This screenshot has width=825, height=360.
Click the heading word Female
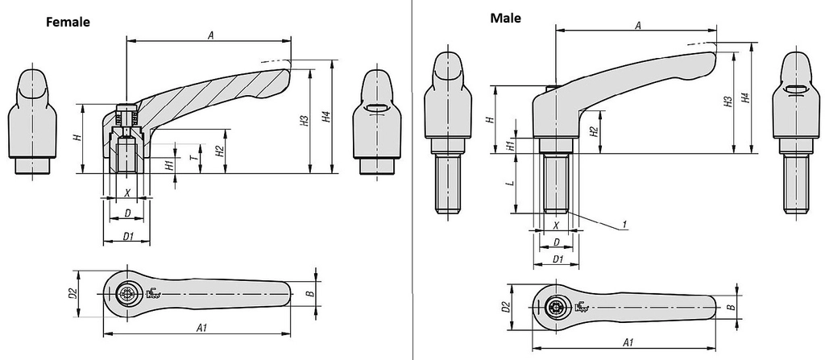(68, 23)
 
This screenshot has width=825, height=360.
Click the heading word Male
(506, 19)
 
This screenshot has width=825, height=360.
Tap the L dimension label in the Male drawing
(509, 184)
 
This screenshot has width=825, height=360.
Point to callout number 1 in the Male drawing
(624, 225)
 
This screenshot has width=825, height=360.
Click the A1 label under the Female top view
(201, 328)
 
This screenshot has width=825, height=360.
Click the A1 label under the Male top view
(627, 342)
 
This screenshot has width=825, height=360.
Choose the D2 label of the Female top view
(73, 294)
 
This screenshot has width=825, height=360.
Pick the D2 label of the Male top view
(506, 307)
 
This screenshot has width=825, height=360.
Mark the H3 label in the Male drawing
(728, 101)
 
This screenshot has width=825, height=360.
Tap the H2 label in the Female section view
(220, 151)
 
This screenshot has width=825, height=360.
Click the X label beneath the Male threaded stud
(556, 225)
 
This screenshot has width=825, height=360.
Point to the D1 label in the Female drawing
(128, 237)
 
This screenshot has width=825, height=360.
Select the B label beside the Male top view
(730, 307)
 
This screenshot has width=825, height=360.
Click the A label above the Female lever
(210, 35)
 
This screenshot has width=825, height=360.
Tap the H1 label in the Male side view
(509, 144)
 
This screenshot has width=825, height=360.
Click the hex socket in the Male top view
(556, 307)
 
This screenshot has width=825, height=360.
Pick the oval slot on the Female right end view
(377, 109)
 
